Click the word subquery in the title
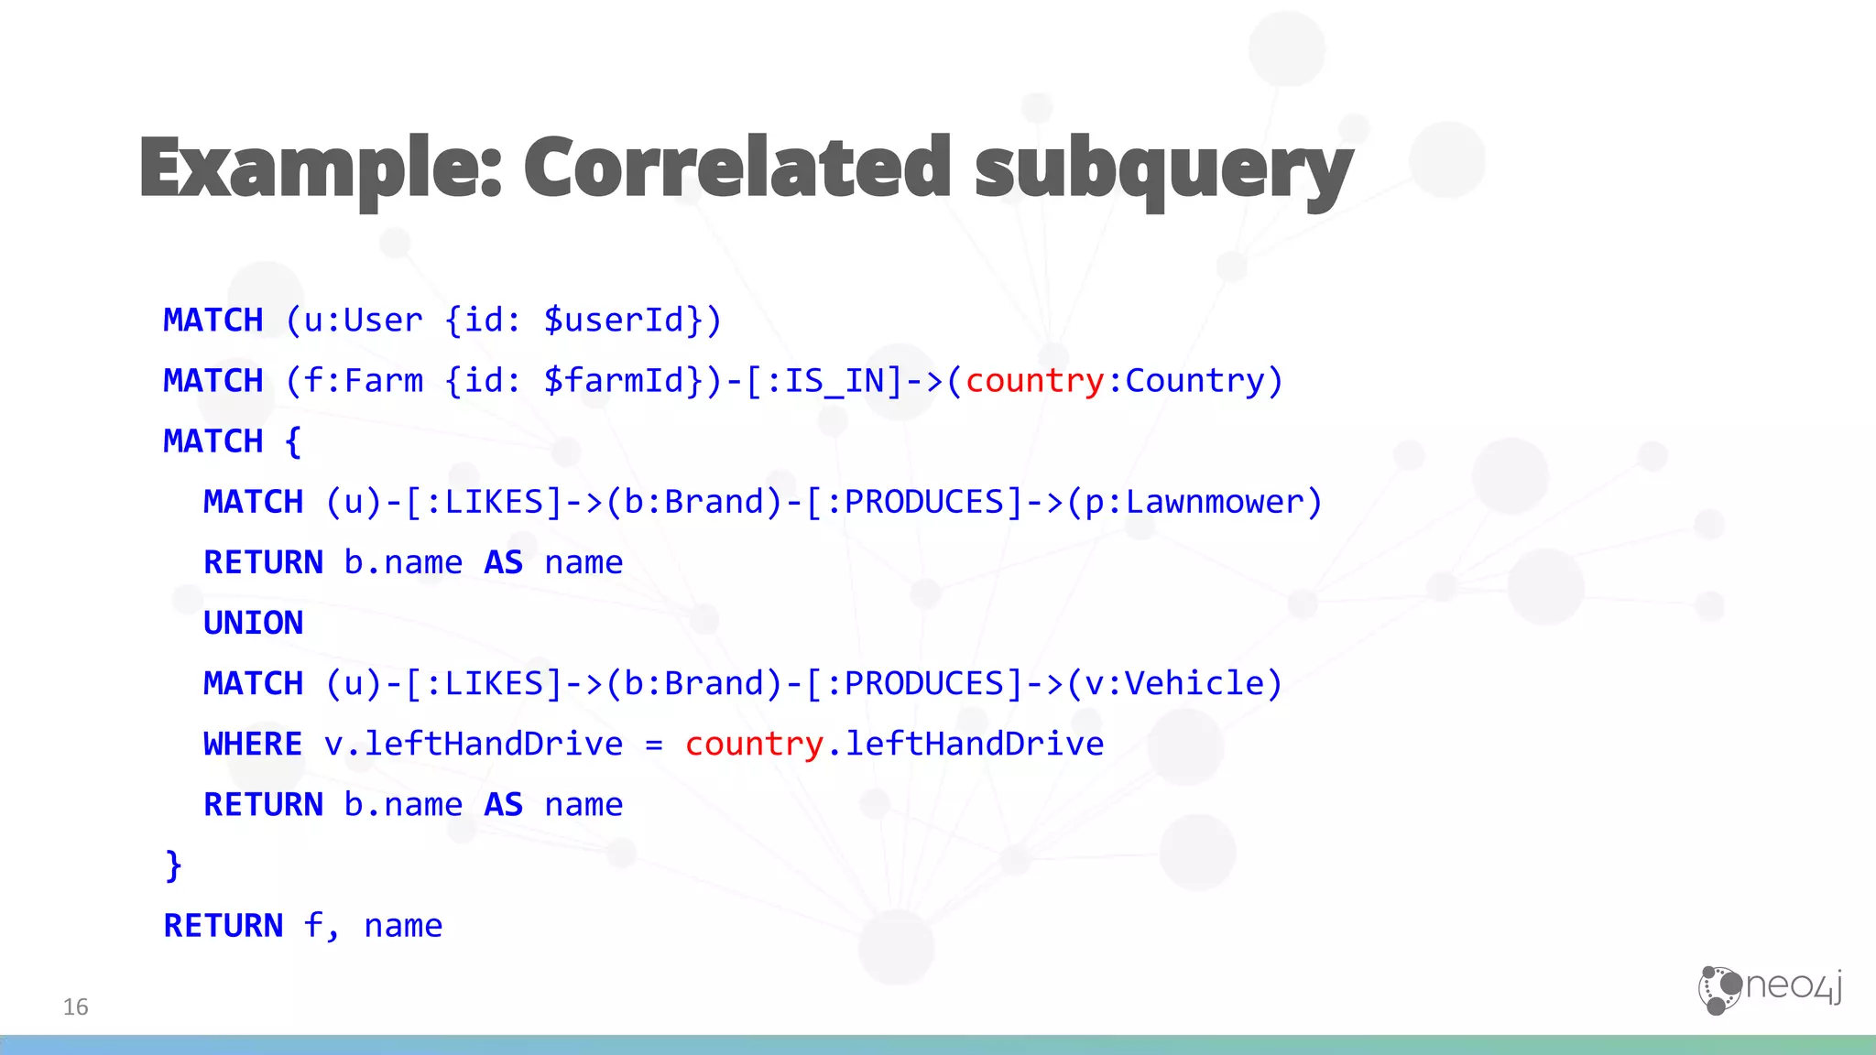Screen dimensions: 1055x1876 point(1163,169)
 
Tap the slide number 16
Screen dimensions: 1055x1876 point(75,1007)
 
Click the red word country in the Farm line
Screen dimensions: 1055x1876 point(1034,381)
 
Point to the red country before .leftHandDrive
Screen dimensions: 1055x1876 point(754,744)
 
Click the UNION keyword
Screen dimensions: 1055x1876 point(253,623)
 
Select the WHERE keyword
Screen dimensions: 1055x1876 point(252,744)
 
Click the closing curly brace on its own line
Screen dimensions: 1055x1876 point(173,865)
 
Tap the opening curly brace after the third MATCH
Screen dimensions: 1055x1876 point(293,441)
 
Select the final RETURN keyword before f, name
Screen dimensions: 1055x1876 point(224,926)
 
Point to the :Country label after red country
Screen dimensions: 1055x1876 point(1194,381)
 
